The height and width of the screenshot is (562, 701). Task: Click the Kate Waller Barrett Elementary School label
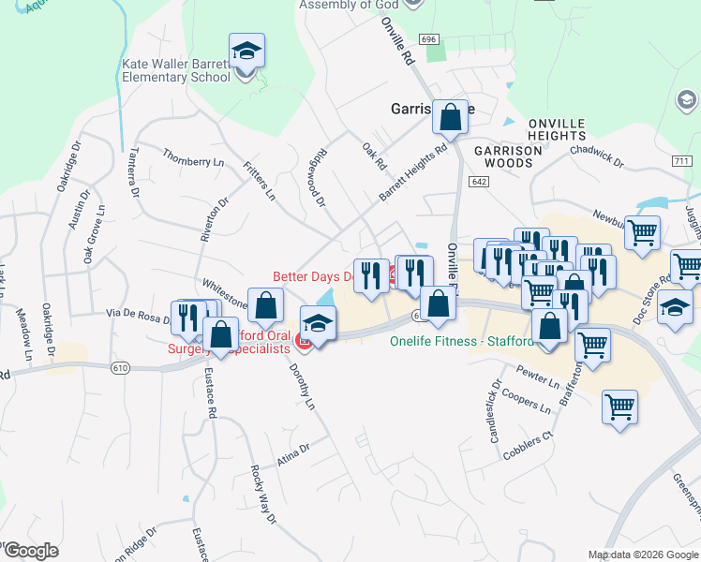[x=175, y=72]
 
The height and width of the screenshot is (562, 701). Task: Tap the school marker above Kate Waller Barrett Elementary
[x=246, y=52]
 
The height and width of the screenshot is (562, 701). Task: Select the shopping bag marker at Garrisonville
[x=450, y=118]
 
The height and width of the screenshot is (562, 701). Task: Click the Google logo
[x=30, y=551]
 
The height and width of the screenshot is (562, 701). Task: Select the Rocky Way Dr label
[x=264, y=495]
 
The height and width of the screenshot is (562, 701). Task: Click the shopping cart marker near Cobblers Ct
[x=619, y=407]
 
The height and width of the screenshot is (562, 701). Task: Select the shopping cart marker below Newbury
[x=643, y=233]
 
